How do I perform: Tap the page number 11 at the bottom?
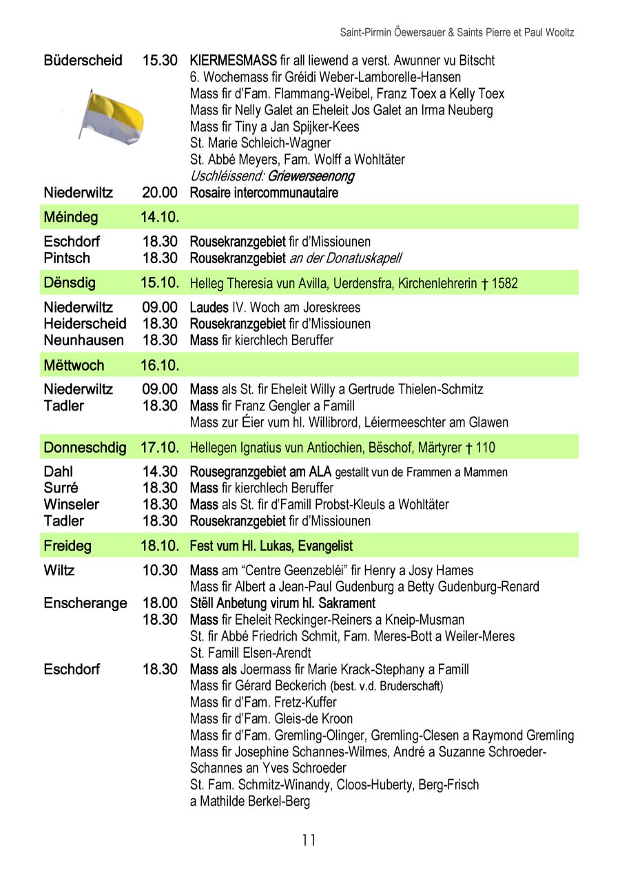point(309,840)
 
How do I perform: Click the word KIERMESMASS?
point(233,61)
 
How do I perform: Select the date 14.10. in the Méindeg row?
point(160,218)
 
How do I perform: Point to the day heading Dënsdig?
point(69,283)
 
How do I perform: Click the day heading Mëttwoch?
point(74,365)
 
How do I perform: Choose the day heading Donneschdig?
point(85,448)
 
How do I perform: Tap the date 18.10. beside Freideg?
point(160,546)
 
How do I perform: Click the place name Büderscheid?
point(83,61)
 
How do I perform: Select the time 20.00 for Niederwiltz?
point(160,193)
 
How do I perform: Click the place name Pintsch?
point(67,258)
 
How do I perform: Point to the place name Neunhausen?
point(84,340)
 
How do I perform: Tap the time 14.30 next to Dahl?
point(160,472)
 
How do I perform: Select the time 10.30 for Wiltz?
point(160,570)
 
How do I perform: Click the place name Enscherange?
point(85,603)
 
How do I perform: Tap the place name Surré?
point(61,488)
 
